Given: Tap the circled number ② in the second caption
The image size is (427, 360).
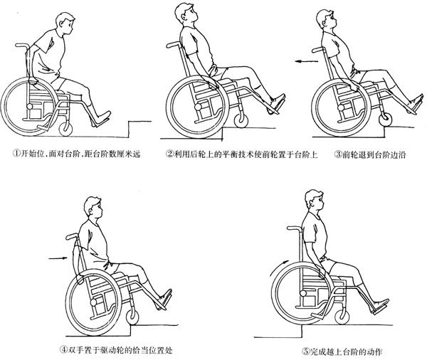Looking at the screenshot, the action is click(170, 154).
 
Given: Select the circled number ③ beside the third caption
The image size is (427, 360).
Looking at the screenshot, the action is click(337, 154).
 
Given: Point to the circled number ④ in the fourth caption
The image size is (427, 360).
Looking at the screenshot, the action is click(63, 349).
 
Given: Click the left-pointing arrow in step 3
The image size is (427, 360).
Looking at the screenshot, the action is click(306, 62).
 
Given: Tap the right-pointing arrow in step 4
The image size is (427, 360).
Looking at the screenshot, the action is click(58, 258).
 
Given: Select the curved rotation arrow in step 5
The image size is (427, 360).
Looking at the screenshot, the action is click(277, 268).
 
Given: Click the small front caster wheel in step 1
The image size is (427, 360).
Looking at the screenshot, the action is click(65, 128).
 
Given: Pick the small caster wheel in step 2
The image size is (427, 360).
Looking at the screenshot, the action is click(241, 120).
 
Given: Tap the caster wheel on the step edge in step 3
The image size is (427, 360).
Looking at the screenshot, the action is click(385, 119).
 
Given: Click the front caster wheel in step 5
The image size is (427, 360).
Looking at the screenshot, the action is click(342, 317).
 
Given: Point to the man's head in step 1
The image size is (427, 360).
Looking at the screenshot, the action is click(65, 23).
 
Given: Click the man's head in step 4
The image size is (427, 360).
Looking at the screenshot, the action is click(93, 208).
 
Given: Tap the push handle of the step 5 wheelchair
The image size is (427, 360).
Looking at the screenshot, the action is click(293, 228).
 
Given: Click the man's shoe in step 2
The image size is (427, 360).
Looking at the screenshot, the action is click(278, 102).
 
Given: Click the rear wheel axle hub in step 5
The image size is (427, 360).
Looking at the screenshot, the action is click(303, 293).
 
